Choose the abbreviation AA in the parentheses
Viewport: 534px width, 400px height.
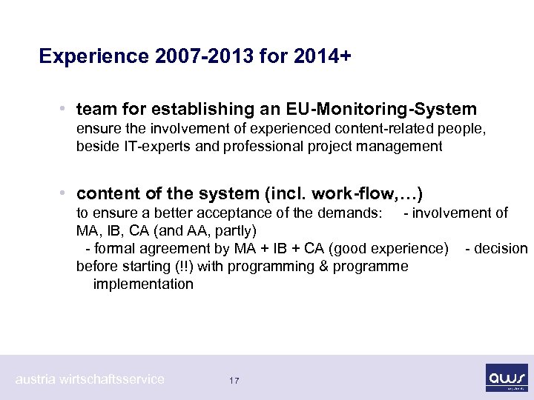[x=199, y=230]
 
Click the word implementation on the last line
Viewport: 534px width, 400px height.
[x=143, y=284]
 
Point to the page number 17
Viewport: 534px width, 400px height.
[x=234, y=380]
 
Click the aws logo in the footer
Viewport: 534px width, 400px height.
[x=506, y=377]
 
